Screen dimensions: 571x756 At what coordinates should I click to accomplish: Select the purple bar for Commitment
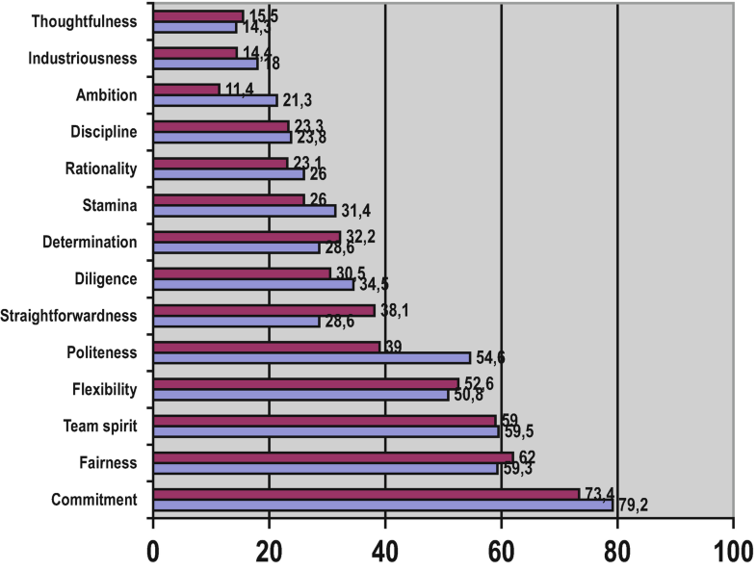point(366,493)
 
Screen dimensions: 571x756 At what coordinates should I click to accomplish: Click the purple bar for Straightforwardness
point(263,310)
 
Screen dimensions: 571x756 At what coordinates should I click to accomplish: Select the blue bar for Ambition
point(215,100)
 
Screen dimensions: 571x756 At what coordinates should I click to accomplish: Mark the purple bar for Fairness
point(333,456)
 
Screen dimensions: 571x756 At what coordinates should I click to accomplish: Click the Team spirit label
point(100,426)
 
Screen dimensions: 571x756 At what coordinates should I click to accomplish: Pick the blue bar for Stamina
point(245,211)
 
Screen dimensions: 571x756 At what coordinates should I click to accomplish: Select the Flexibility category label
point(103,389)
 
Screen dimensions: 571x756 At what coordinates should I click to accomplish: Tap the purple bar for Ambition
point(186,90)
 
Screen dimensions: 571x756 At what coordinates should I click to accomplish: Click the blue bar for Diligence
point(253,284)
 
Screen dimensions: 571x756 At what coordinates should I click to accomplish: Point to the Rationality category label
point(100,169)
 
